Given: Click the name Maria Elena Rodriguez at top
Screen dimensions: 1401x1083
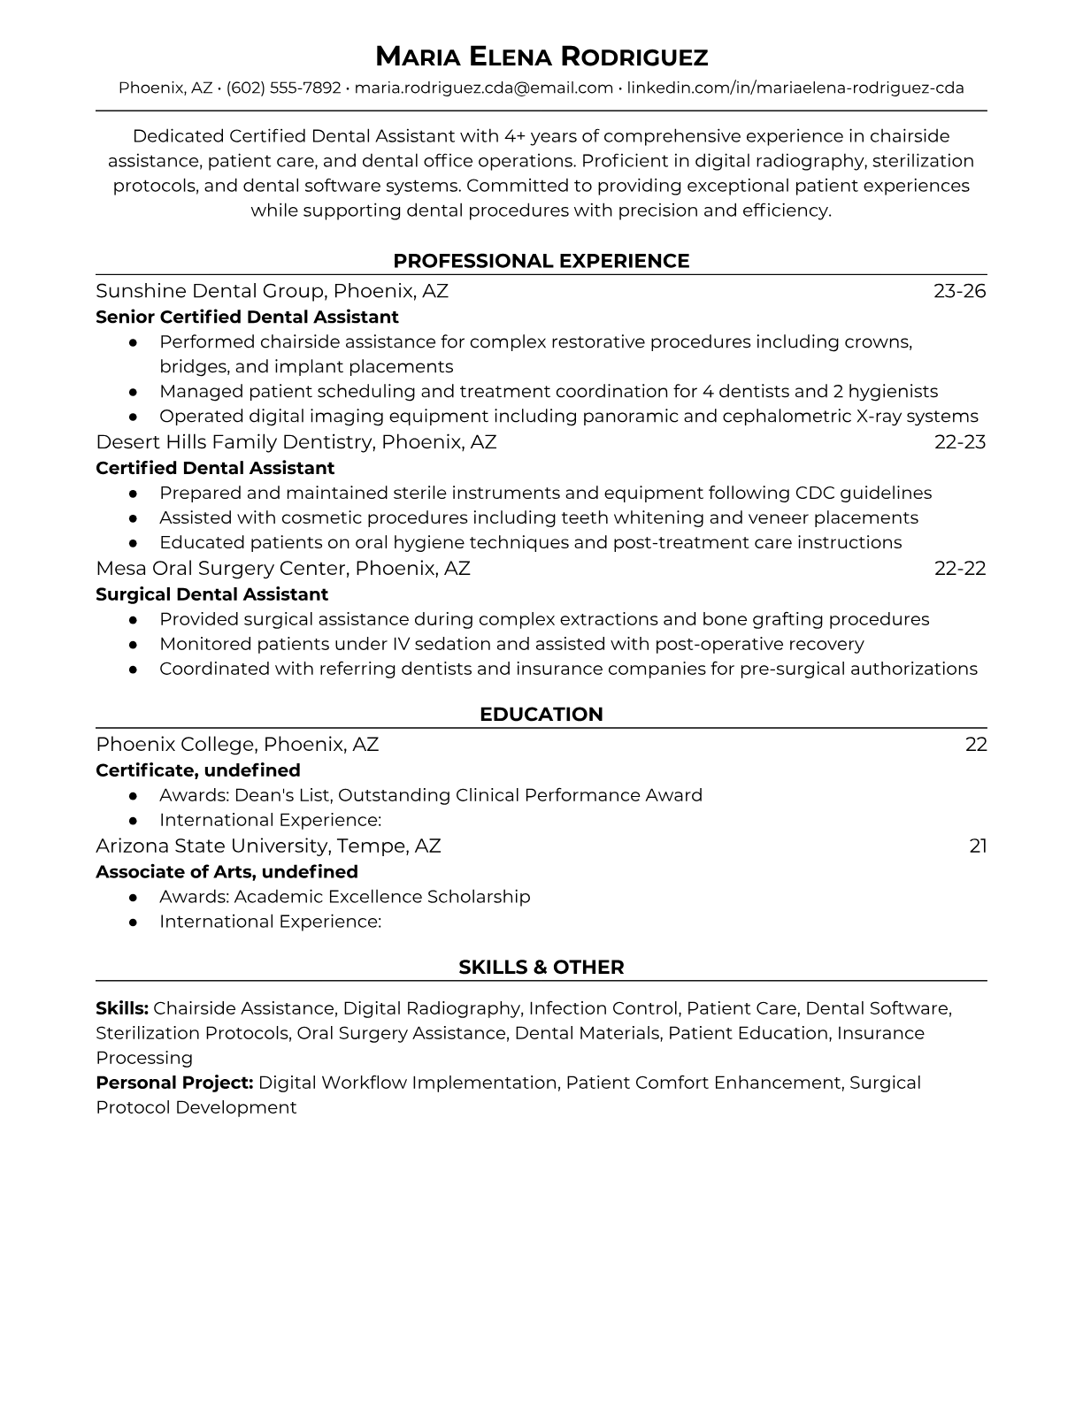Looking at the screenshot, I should pos(541,57).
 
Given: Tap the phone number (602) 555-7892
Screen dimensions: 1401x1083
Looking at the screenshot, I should pos(283,88).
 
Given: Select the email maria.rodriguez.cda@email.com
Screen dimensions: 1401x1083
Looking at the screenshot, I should pos(484,88).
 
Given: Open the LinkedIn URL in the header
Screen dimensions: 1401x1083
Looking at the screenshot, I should pos(795,88).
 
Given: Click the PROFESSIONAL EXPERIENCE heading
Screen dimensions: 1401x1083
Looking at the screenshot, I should pos(541,261).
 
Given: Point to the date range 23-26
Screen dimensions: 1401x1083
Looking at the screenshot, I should pos(959,291).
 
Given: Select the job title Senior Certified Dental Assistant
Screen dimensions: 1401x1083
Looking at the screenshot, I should pos(247,317).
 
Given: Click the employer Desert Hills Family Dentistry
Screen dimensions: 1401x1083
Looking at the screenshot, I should pos(234,442).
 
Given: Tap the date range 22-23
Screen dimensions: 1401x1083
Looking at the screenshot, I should pos(959,442).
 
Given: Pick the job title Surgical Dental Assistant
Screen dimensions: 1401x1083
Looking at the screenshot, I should pos(211,594).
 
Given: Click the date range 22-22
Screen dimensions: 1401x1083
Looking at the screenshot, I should pos(959,569).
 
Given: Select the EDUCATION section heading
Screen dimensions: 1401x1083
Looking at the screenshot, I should pos(541,715).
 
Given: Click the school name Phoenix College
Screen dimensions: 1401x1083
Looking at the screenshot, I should pos(174,745).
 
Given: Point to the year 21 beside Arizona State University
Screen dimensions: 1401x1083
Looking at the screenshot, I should pos(978,846).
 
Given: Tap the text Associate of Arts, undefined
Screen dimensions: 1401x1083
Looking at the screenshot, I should pos(227,872).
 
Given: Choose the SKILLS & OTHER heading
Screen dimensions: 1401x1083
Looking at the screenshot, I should pos(541,968).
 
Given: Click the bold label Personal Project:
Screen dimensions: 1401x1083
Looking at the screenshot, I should pos(174,1083).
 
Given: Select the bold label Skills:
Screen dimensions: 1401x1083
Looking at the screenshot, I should pos(122,1008).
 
